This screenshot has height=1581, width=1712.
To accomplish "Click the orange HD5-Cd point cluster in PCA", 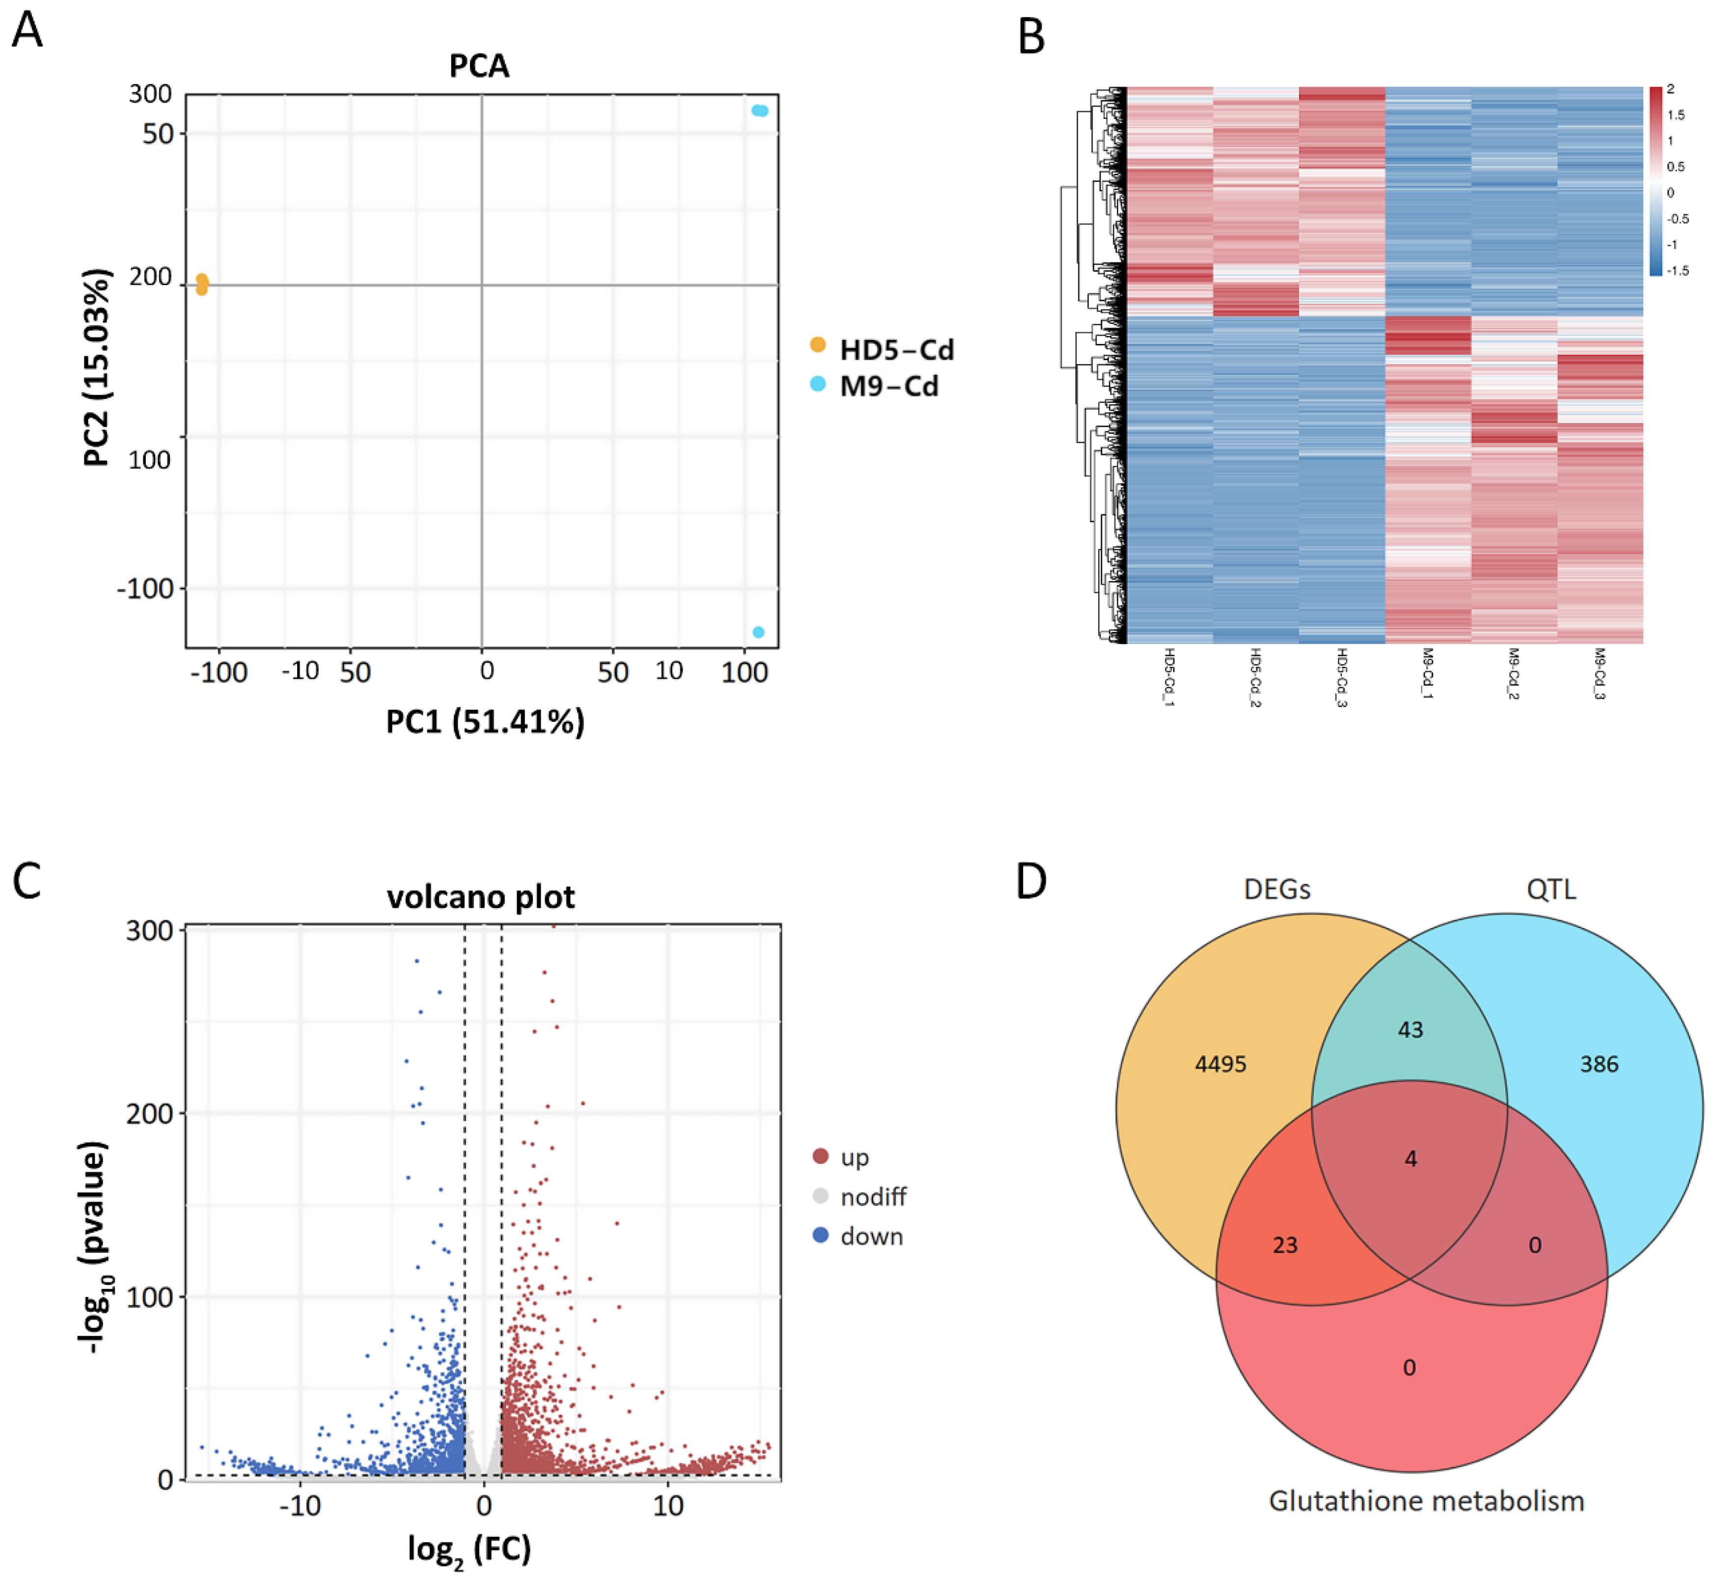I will click(202, 284).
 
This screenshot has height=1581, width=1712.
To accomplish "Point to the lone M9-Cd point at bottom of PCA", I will click(758, 632).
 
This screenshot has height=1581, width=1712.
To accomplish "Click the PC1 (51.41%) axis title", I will click(485, 721).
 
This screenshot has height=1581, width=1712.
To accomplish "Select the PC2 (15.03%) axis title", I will click(98, 368).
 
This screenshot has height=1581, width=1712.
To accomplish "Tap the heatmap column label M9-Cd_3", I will click(1599, 674).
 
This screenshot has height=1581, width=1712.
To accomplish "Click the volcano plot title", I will click(481, 897).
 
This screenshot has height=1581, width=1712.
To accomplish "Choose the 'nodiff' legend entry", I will click(872, 1197).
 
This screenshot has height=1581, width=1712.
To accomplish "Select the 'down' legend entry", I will click(871, 1236).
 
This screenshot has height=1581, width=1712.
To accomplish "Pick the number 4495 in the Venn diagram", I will click(1220, 1064).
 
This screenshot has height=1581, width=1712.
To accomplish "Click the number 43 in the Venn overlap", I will click(1410, 1029).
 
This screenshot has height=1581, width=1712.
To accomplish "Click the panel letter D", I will click(1031, 881).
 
